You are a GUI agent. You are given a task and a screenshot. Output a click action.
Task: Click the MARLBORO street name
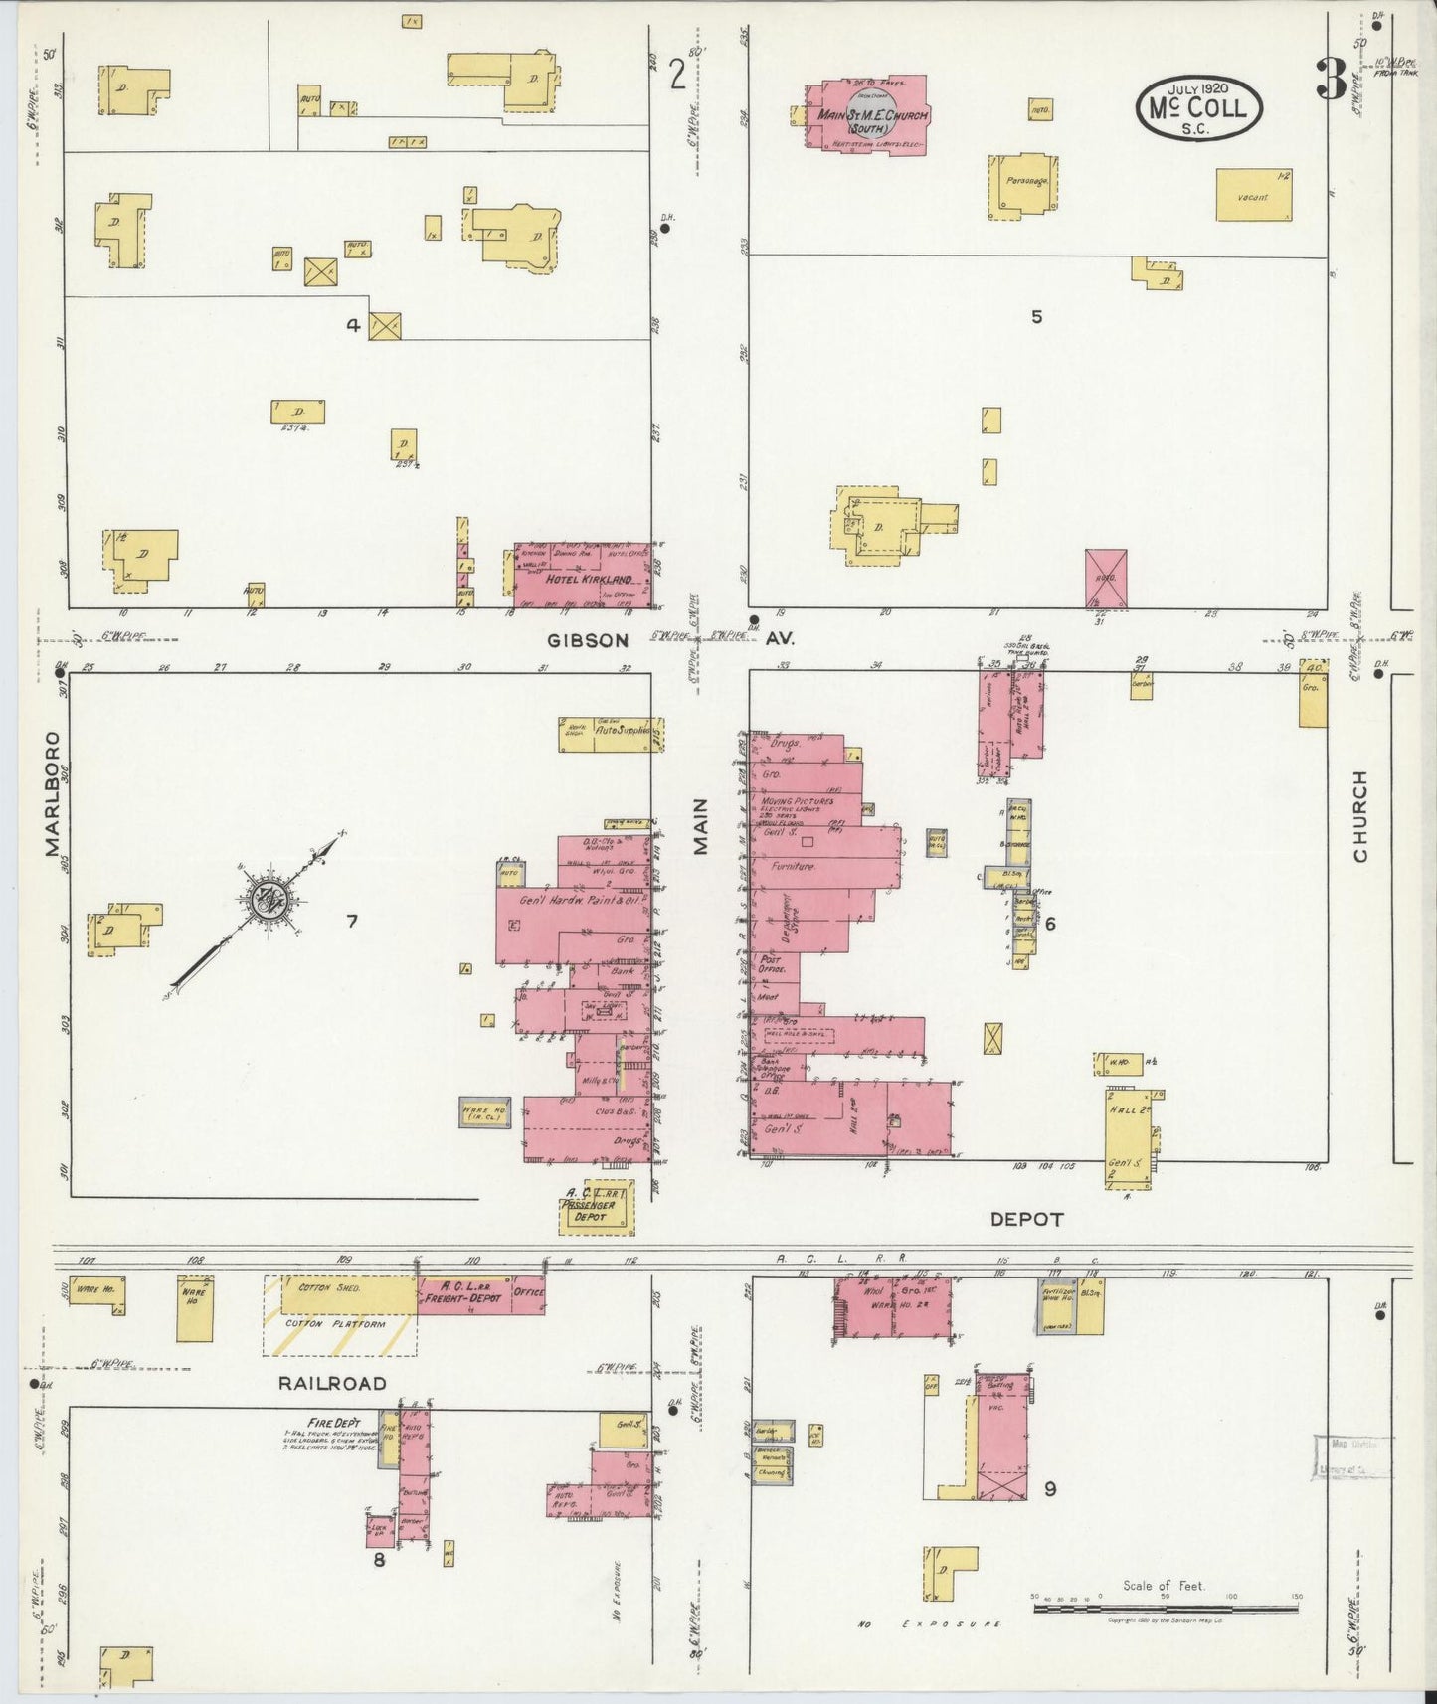click(52, 794)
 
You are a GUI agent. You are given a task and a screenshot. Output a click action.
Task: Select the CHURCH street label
click(1358, 816)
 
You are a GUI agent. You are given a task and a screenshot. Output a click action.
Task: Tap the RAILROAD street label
click(332, 1383)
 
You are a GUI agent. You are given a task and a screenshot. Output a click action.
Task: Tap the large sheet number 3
click(1330, 80)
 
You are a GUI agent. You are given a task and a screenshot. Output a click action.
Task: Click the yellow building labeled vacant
click(1254, 196)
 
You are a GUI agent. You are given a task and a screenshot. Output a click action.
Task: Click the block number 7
click(351, 922)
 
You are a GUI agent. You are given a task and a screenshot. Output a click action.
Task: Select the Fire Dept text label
click(334, 1422)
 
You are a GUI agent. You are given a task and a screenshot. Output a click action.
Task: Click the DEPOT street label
click(1026, 1219)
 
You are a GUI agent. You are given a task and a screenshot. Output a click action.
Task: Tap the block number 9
click(1050, 1488)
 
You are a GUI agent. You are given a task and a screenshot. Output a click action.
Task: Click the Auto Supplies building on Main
click(610, 734)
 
